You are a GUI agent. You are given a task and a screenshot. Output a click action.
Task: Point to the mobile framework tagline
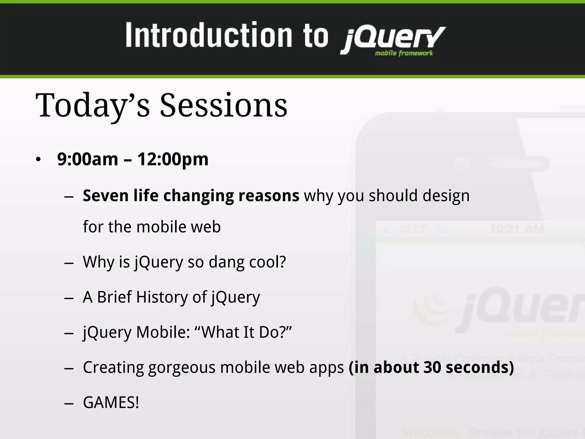(x=404, y=53)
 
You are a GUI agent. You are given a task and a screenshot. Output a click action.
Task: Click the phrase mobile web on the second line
(x=179, y=227)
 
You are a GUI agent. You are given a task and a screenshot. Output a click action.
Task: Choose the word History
(x=162, y=297)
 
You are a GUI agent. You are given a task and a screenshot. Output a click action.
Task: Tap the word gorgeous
(x=182, y=368)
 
